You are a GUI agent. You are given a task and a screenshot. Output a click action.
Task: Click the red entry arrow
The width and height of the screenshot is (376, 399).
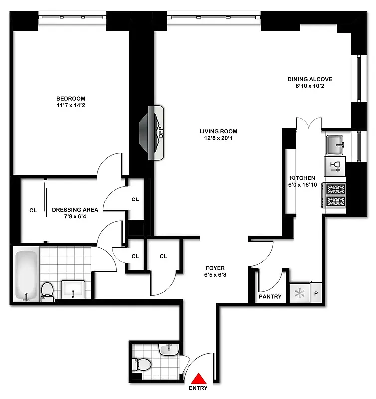[199, 378]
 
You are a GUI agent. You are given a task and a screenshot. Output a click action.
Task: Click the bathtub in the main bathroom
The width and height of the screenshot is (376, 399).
[25, 275]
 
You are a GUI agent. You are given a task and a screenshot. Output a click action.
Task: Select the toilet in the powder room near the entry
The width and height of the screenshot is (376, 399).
[142, 365]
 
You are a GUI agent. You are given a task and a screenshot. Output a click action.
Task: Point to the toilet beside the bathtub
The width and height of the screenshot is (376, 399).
[48, 291]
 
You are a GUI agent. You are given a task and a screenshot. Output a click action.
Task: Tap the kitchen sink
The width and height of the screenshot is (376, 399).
[336, 145]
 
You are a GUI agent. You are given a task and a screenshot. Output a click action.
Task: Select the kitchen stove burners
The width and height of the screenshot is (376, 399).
[335, 195]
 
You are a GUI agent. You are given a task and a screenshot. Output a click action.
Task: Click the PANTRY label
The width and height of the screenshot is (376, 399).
[270, 297]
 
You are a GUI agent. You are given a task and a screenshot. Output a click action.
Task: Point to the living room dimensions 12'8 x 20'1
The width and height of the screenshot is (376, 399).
[218, 139]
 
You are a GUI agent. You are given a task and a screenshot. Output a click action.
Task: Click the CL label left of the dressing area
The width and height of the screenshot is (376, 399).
[33, 210]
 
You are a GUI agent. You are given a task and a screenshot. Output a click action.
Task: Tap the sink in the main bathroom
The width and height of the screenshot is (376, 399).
[73, 290]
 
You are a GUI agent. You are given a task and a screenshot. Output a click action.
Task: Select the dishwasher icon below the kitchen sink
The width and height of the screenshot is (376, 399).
[335, 166]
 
